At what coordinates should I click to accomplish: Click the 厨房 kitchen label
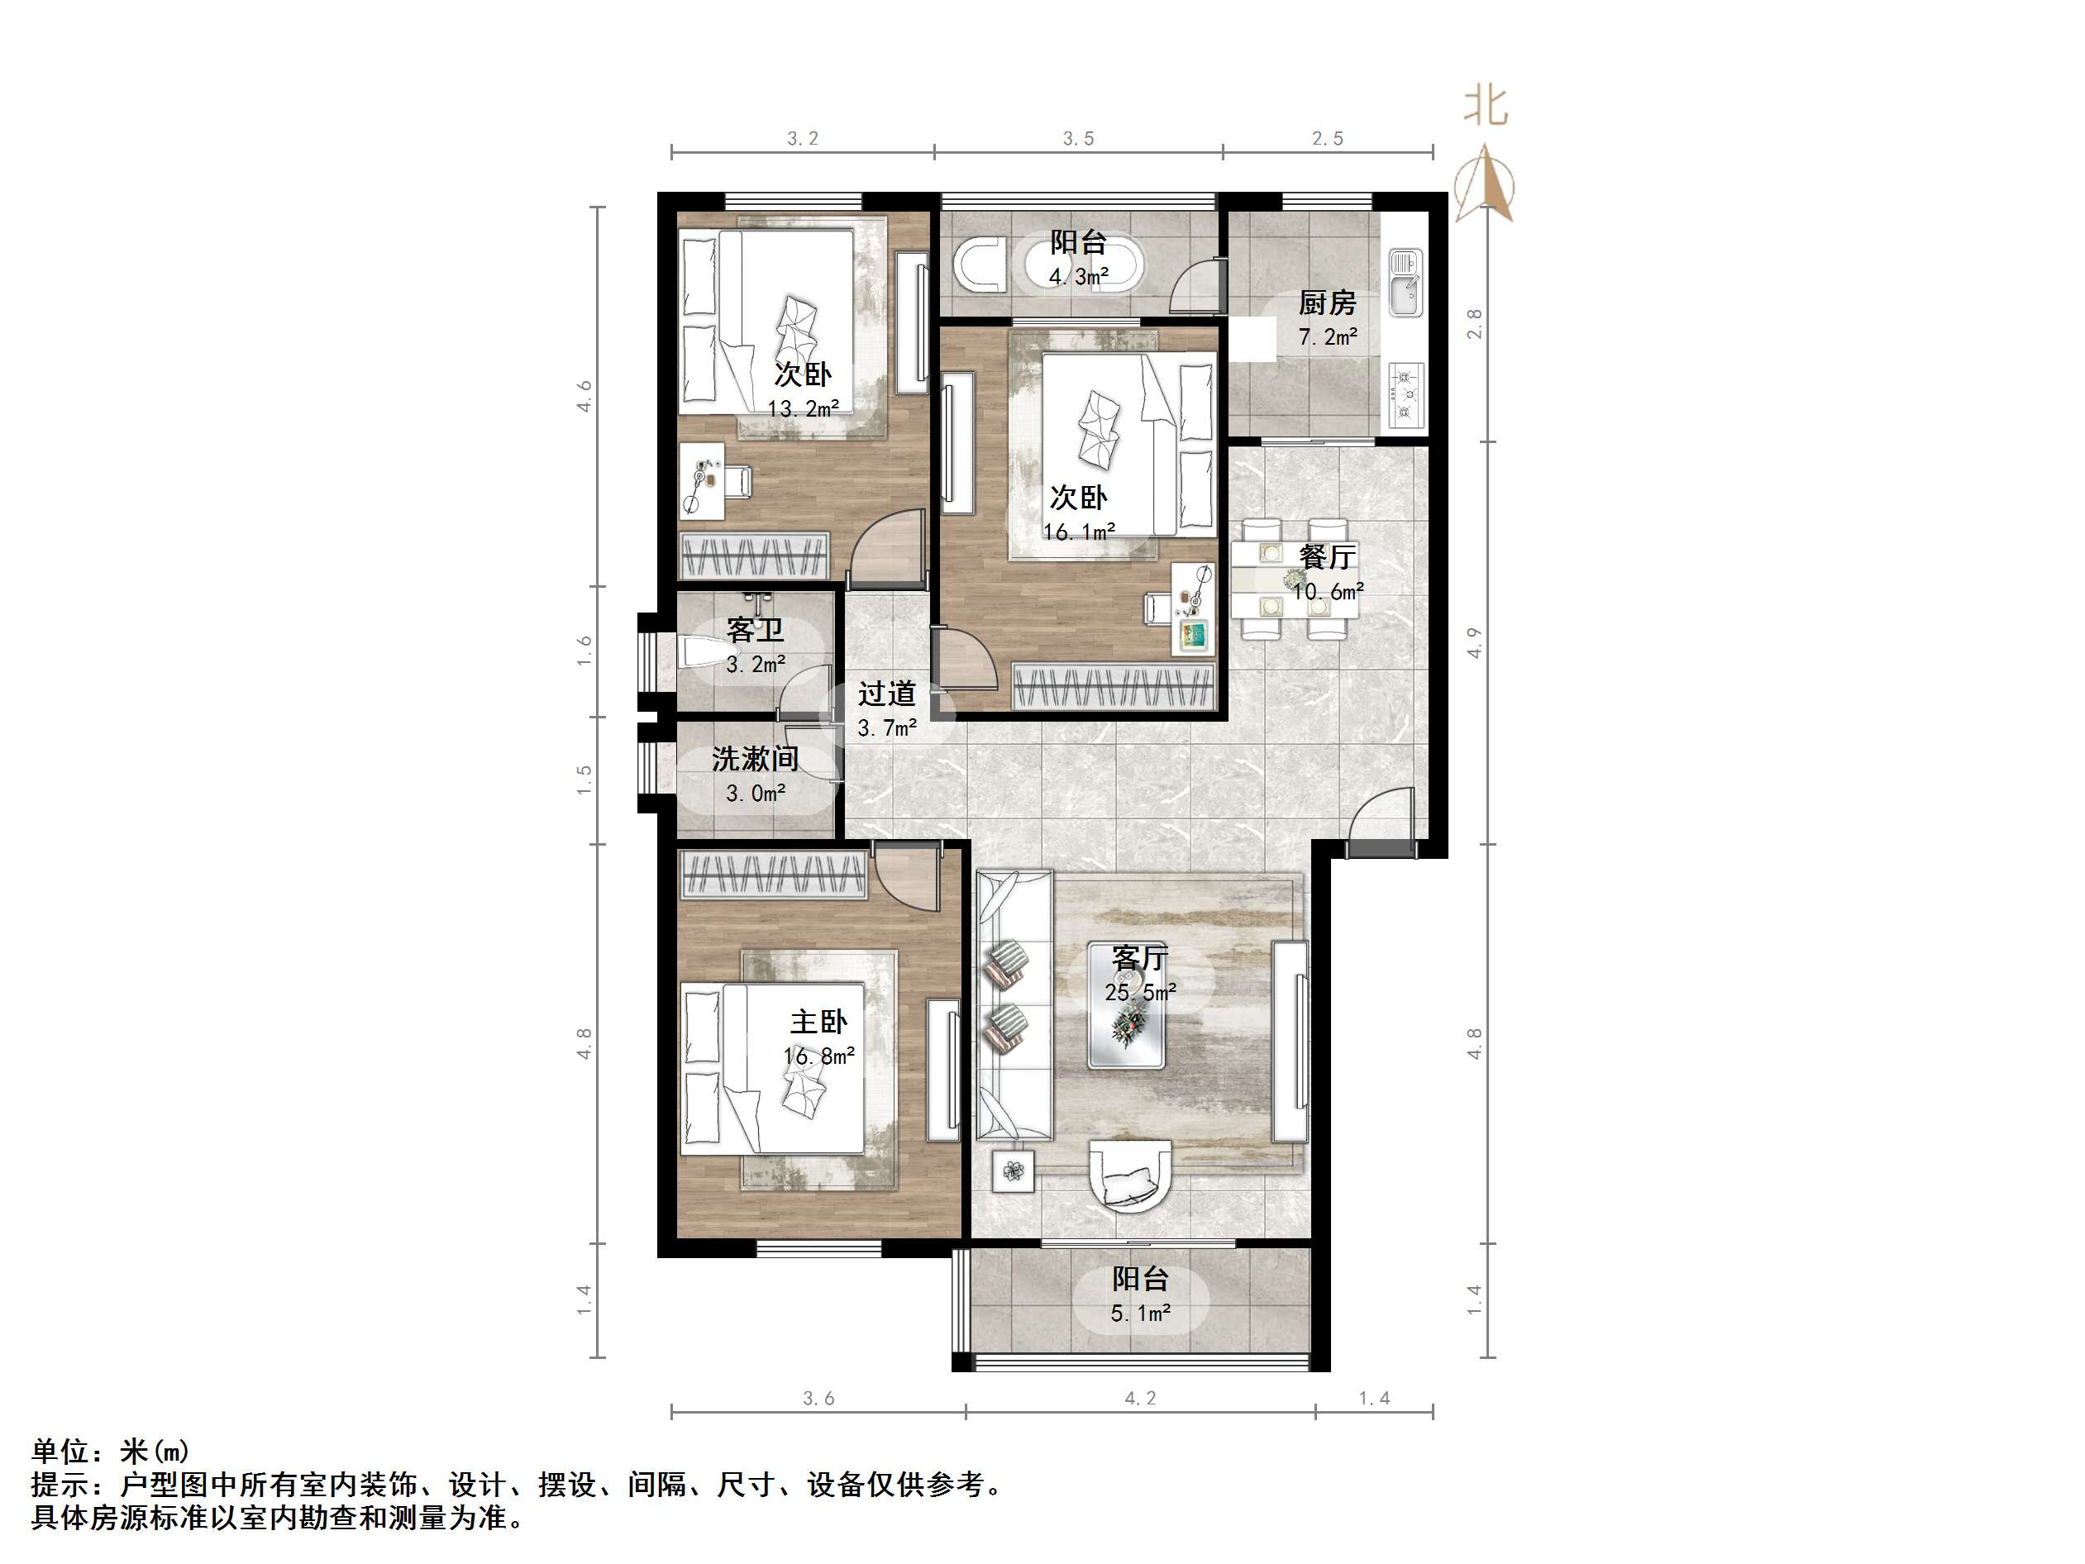[x=1326, y=303]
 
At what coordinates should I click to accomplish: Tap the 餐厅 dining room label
[x=1326, y=557]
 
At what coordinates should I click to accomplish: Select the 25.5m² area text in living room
[x=1139, y=993]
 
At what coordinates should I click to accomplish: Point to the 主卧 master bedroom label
[x=818, y=1022]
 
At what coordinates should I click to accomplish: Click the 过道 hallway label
[x=886, y=694]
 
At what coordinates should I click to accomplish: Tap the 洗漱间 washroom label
[x=755, y=759]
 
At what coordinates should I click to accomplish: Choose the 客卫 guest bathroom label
[x=755, y=630]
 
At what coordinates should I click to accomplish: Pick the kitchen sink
[x=1405, y=283]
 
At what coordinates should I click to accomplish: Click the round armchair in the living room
[x=1129, y=1174]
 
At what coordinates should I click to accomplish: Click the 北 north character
[x=1486, y=107]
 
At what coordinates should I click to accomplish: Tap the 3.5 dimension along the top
[x=1078, y=140]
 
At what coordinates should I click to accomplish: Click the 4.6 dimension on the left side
[x=584, y=396]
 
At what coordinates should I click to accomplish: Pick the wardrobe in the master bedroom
[x=773, y=875]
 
